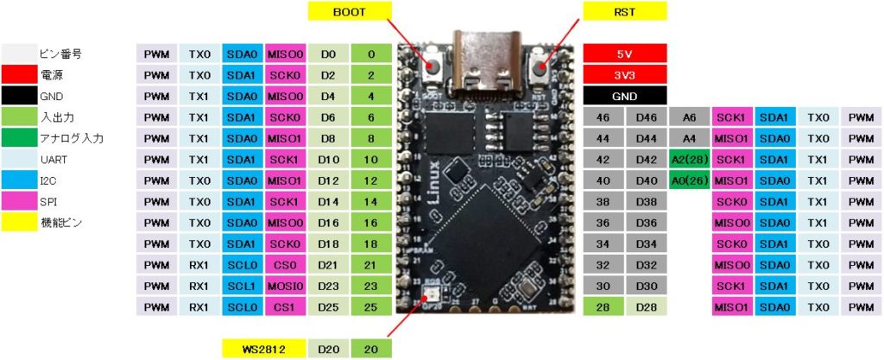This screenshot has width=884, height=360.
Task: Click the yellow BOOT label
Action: pos(349,12)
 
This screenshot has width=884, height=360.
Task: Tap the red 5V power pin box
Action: pos(624,54)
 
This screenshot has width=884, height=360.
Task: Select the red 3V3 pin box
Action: pos(624,74)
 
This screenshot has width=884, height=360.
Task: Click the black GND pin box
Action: pos(624,95)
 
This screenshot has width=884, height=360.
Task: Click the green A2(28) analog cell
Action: pos(688,159)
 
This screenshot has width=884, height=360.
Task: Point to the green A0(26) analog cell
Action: pos(688,180)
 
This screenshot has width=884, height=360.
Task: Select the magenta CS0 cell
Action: pos(286,263)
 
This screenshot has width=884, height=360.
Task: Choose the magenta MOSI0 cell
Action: pos(286,285)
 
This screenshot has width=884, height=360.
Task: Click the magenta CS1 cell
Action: pos(286,306)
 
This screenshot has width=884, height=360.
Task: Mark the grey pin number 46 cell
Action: pos(603,117)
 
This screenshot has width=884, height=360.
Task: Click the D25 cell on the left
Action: pos(328,306)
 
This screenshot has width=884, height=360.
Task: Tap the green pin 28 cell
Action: pos(603,306)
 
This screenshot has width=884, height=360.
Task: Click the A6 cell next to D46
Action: pos(688,117)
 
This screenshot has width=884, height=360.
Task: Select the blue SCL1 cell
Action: pos(243,285)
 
